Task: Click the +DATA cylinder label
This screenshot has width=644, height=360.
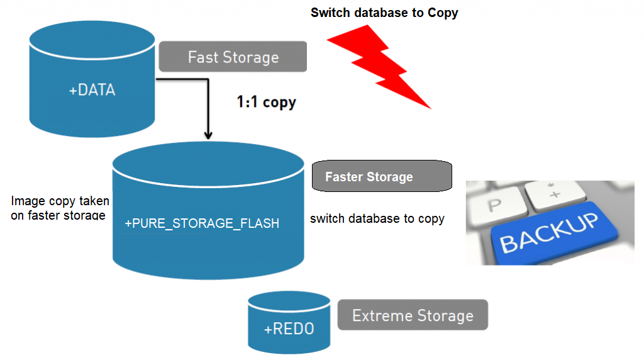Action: point(92,90)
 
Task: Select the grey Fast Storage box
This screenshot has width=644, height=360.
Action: point(233,57)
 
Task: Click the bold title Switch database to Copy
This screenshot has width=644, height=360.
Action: point(384,13)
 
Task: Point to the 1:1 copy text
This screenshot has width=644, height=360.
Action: point(266,102)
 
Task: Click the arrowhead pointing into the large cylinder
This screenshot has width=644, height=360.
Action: point(208,135)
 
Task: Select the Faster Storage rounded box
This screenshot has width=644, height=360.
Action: point(382,176)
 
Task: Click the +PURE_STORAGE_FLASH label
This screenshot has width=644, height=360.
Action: point(202,223)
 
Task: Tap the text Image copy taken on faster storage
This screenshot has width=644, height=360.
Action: point(60,208)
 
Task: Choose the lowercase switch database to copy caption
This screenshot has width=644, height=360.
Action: point(377,218)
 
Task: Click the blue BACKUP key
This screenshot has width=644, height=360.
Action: point(549,232)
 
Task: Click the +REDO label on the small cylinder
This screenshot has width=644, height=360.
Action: point(289,329)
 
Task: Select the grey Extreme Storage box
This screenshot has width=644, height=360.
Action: point(413,315)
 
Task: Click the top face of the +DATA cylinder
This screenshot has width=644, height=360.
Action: point(92,42)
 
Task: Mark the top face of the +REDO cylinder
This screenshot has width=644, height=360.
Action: point(289,301)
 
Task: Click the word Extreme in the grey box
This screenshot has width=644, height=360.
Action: point(378,315)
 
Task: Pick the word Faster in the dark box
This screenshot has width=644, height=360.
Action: point(343,177)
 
